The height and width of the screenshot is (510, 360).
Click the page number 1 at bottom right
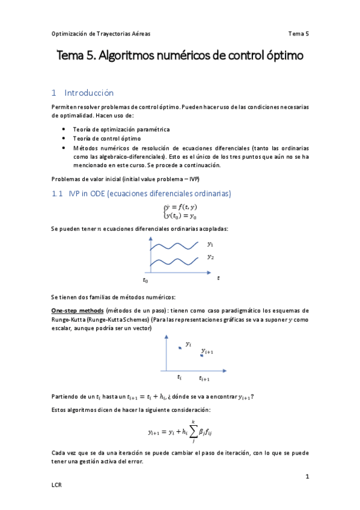click(307, 477)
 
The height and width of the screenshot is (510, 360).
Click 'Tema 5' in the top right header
click(298, 34)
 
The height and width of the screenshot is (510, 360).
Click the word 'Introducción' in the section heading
click(89, 93)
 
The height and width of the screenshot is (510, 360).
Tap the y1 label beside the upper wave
click(210, 244)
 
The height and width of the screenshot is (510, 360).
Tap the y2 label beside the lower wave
click(210, 257)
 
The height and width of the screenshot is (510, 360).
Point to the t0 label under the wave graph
click(145, 280)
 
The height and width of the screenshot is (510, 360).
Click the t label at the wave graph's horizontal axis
click(218, 278)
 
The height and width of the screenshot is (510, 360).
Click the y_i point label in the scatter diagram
click(188, 343)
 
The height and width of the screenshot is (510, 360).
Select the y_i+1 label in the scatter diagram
click(207, 351)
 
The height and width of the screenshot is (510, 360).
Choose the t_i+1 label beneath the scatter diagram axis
click(204, 378)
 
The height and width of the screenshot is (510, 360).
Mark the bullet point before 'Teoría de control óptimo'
click(64, 138)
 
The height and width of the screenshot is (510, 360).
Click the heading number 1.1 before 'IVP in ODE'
click(57, 193)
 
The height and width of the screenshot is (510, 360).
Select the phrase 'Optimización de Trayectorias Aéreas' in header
click(102, 34)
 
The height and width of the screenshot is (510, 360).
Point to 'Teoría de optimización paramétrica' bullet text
click(121, 129)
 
